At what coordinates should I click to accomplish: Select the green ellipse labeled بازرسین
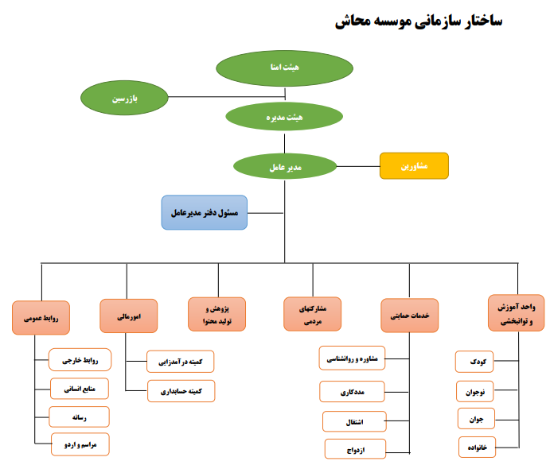coord(123,98)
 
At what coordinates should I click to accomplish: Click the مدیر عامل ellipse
coord(284,167)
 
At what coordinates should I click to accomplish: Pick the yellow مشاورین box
coord(414,166)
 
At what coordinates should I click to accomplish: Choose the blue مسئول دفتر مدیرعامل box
coord(205,212)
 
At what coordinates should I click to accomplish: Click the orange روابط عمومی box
coord(41,316)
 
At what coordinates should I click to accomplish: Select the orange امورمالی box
coord(128,316)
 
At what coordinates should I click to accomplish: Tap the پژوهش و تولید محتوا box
coord(216,314)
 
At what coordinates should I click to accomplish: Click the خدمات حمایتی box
coord(410,315)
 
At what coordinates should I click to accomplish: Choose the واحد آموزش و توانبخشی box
coord(517,313)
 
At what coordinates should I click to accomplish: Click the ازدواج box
coord(356,449)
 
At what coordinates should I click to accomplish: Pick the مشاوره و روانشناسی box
coord(353,358)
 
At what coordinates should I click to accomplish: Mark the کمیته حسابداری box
coord(180,391)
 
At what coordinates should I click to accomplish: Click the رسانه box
coord(79,417)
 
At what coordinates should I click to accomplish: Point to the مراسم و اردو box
coord(79,443)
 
